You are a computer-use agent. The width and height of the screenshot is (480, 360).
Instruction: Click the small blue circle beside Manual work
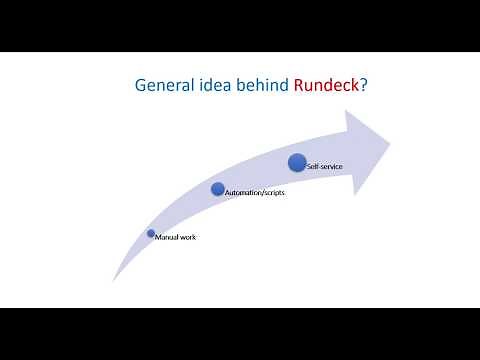(x=151, y=233)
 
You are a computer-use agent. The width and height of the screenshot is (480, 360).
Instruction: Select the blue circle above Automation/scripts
(x=218, y=188)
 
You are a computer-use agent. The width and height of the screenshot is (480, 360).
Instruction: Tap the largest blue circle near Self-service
(x=297, y=161)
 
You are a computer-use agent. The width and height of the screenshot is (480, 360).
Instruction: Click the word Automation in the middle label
(x=241, y=192)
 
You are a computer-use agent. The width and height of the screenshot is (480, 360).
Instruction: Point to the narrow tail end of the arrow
(x=113, y=279)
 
